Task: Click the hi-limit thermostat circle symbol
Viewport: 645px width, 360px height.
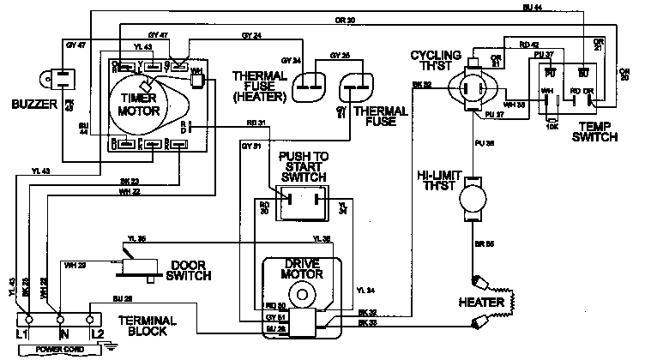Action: click(x=473, y=201)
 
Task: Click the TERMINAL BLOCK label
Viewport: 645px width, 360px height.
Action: click(x=148, y=327)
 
